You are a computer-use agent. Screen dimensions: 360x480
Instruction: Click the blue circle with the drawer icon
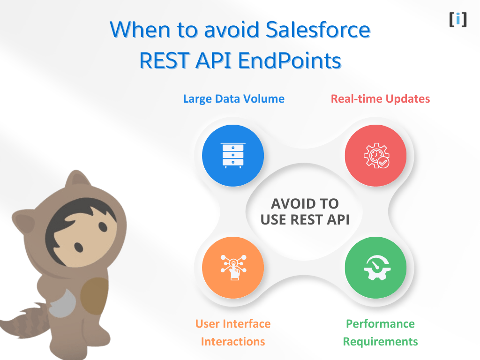pos(233,155)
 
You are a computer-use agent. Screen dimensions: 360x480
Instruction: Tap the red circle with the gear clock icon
pos(375,155)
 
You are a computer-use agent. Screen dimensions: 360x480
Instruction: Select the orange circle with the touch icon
pos(233,268)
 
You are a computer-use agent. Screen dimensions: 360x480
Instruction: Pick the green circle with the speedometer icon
pos(375,268)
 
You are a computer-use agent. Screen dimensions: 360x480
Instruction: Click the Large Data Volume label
pos(233,99)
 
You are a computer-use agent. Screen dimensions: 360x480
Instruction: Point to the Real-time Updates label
pos(380,99)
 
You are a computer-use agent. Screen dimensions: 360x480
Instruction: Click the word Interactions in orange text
pos(233,342)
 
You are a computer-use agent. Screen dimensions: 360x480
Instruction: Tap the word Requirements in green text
pos(380,342)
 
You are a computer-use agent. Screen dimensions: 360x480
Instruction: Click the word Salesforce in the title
pos(318,30)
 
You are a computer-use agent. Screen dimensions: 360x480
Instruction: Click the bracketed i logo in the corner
pos(457,19)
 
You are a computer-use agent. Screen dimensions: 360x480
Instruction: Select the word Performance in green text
pos(380,324)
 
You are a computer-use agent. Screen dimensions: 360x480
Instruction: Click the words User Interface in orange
pos(233,324)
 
